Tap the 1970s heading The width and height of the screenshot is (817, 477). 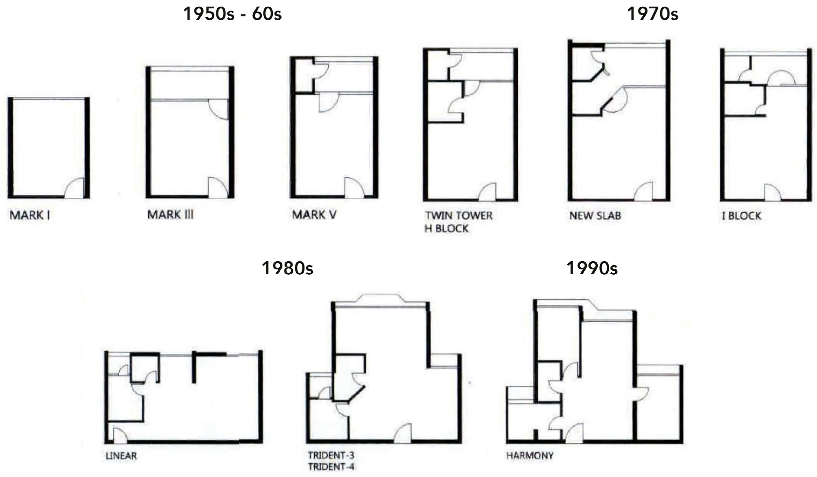pos(652,14)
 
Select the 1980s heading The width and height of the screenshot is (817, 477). pos(287,268)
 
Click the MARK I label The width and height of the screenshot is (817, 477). pos(30,215)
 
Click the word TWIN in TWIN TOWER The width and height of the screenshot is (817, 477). pos(438,216)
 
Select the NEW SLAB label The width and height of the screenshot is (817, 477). pos(595,216)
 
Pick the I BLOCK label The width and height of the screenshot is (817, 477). pos(741,216)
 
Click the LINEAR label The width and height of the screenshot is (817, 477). pos(121,456)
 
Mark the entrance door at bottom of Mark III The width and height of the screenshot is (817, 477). pos(217,188)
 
